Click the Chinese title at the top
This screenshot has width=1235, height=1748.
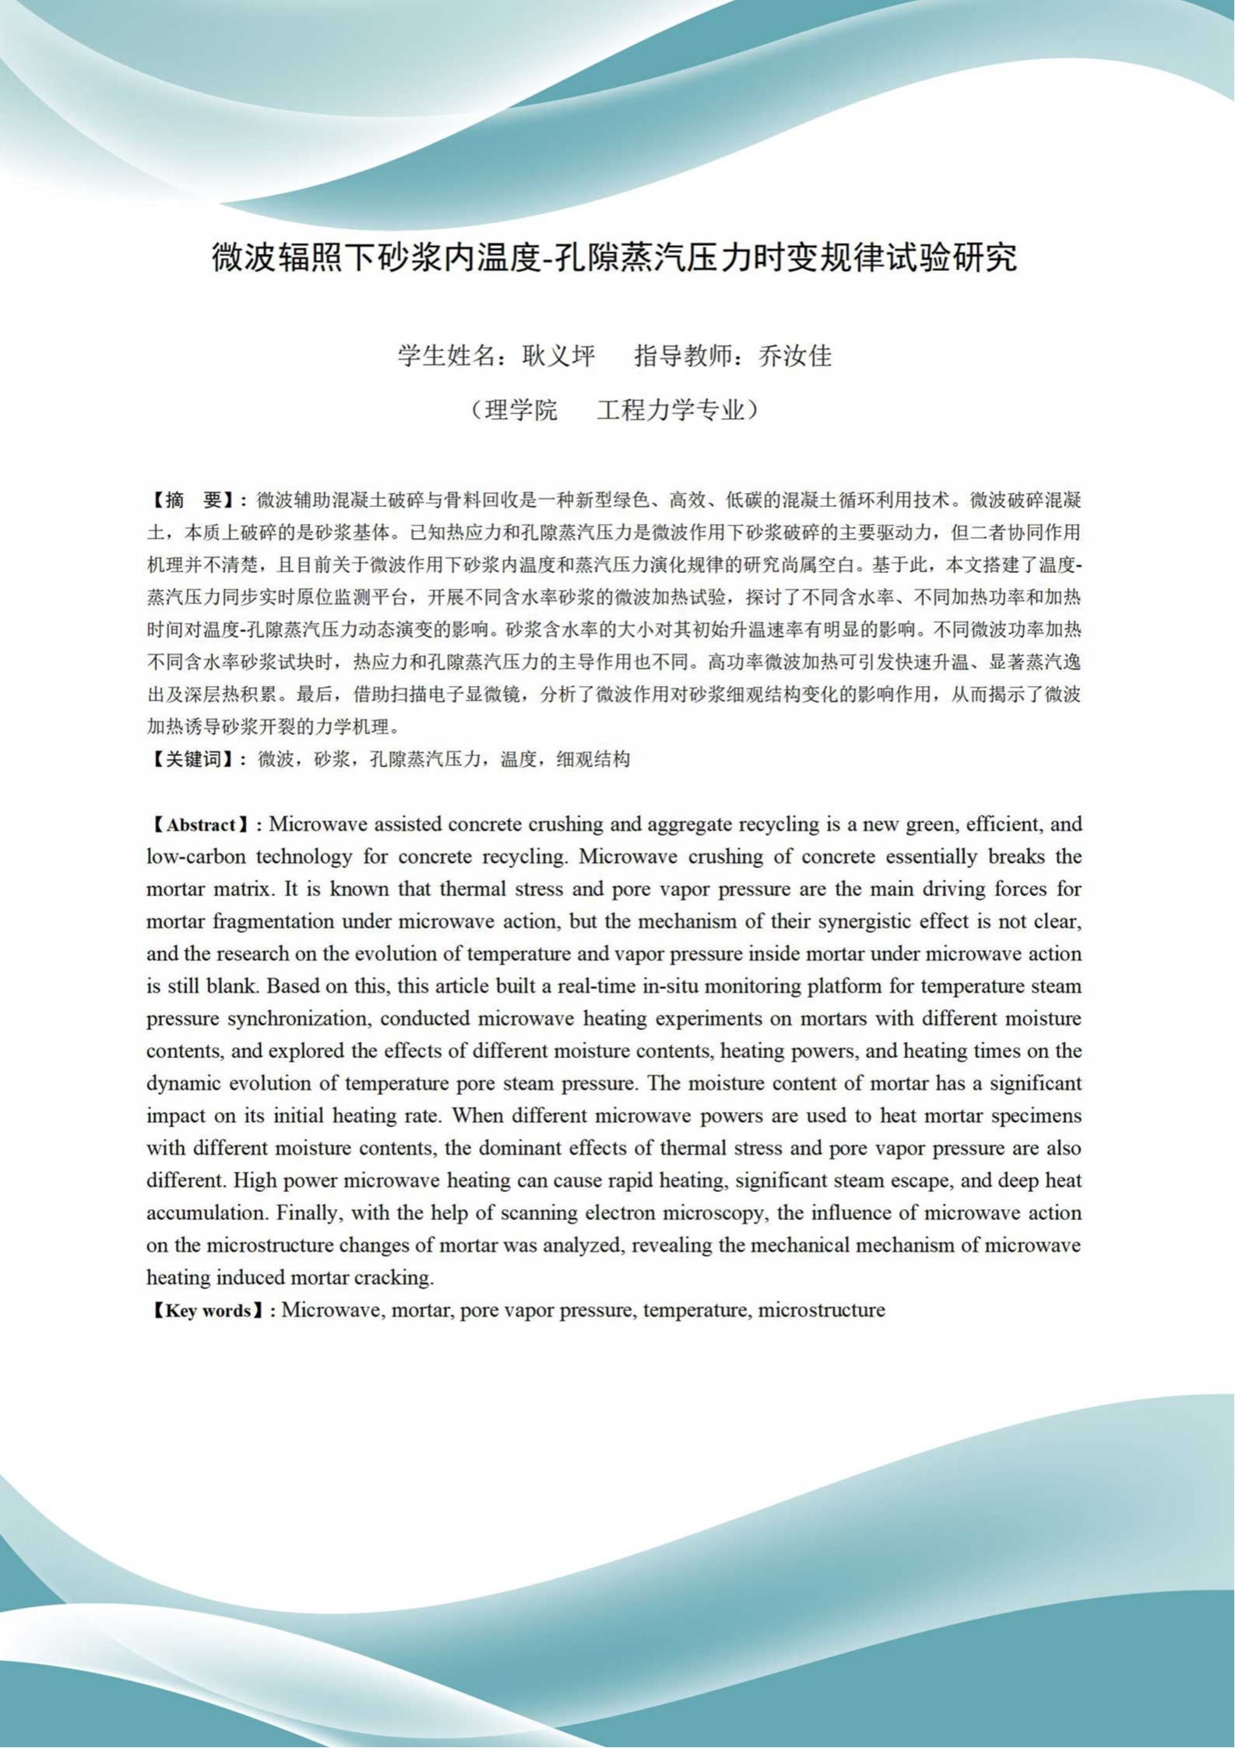coord(614,258)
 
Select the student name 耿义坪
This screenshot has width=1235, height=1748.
coord(558,357)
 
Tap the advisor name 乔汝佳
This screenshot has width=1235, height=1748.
coord(795,357)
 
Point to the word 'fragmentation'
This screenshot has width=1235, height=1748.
coord(269,922)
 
